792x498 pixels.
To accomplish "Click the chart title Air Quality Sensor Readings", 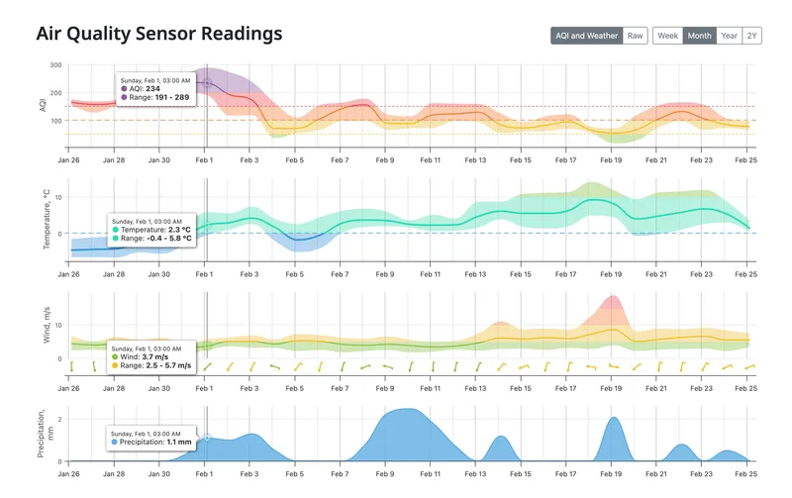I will (158, 34).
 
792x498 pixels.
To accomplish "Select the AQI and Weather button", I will (586, 36).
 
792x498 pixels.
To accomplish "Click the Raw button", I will (636, 36).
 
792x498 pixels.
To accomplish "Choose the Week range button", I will (667, 36).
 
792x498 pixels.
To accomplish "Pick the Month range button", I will (699, 36).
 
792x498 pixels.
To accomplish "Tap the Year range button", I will (729, 36).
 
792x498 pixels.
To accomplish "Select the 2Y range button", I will (752, 36).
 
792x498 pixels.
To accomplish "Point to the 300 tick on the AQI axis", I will (55, 65).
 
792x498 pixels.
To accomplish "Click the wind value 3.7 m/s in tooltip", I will (163, 356).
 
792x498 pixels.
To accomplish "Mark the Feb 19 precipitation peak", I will (613, 419).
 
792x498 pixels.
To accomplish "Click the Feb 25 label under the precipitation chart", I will (745, 473).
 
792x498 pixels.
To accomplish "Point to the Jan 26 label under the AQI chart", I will (69, 159).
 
